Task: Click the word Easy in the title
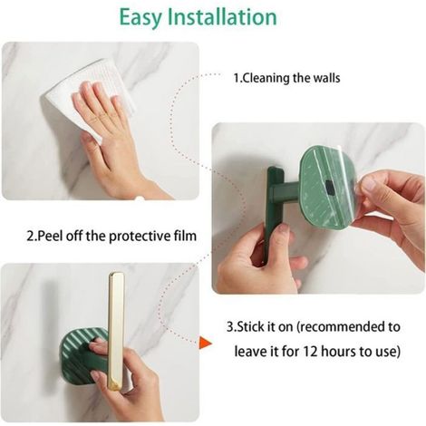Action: pos(140,17)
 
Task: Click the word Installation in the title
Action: pos(222,16)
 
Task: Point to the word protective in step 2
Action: pos(137,236)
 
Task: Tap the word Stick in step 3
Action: pos(250,327)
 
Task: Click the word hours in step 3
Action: pos(337,352)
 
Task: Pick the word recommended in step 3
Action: pos(343,327)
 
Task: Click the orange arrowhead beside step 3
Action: pos(205,343)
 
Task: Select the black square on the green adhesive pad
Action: pos(330,187)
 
